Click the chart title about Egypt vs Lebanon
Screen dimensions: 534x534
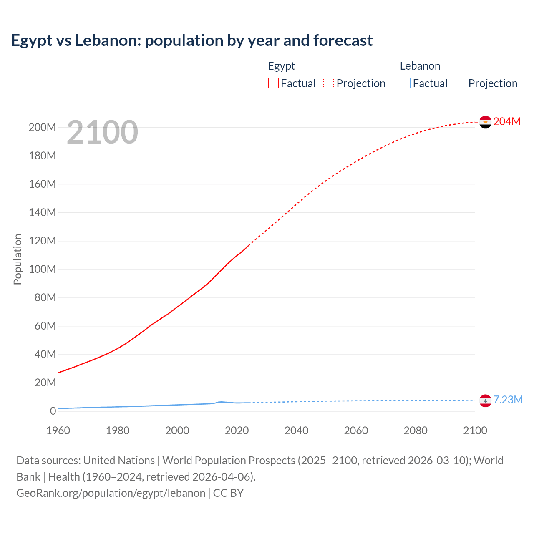tap(192, 40)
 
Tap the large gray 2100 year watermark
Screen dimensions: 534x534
tap(102, 132)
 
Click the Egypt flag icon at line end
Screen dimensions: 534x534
tap(485, 122)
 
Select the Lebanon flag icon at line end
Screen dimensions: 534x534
tap(485, 400)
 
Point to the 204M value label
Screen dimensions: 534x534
tap(507, 121)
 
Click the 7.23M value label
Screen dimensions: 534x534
tap(508, 400)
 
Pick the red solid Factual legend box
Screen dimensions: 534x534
tap(273, 83)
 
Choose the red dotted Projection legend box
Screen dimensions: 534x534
tap(329, 83)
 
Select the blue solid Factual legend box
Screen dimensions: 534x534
tap(405, 83)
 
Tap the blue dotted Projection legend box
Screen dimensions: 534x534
tap(461, 83)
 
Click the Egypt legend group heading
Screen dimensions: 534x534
tap(281, 66)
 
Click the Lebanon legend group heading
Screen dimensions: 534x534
tap(420, 66)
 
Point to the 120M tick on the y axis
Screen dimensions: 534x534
tap(42, 241)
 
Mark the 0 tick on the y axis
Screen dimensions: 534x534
tap(53, 411)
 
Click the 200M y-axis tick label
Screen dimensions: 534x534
tap(42, 127)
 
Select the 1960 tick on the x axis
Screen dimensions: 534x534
tap(58, 431)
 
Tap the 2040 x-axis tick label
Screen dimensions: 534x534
tap(296, 431)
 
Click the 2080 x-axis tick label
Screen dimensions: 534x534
tap(416, 431)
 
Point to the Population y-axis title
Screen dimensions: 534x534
tap(18, 259)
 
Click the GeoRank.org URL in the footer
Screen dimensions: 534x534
tap(111, 493)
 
